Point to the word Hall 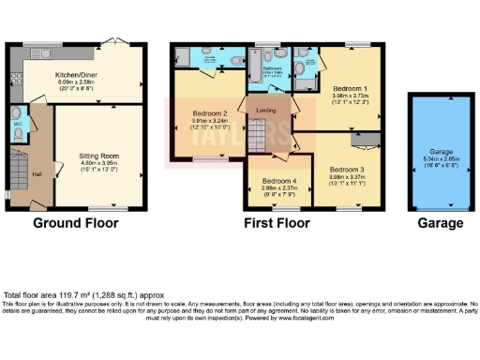36,174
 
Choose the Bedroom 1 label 350,88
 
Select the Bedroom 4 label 280,180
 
